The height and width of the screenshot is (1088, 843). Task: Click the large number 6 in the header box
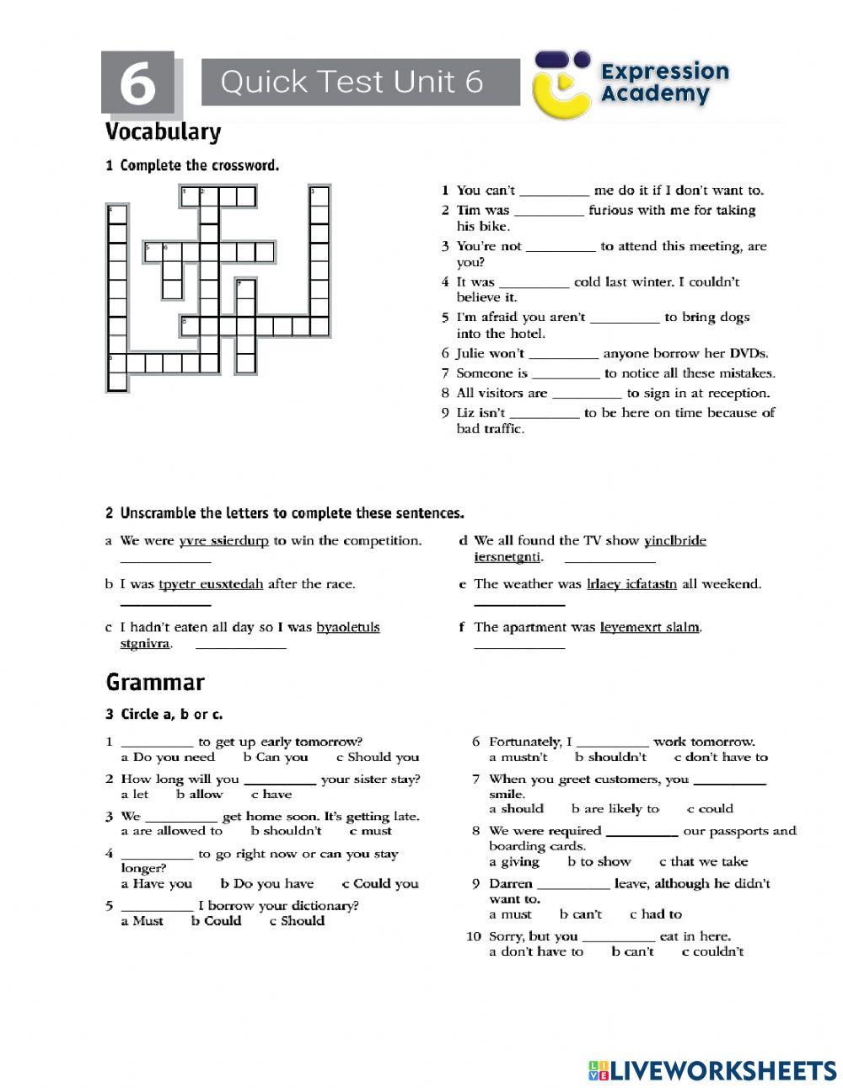point(137,84)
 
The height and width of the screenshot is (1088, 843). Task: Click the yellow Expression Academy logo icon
point(562,83)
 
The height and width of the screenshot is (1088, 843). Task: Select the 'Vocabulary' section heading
point(163,132)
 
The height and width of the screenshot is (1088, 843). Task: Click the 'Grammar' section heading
point(155,682)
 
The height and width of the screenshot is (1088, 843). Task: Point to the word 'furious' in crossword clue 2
point(616,211)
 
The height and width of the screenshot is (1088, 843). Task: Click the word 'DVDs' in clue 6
point(749,354)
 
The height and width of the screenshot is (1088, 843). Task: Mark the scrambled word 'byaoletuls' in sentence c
point(347,627)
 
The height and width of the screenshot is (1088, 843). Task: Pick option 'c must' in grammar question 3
point(371,831)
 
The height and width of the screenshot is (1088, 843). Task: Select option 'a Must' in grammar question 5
point(142,921)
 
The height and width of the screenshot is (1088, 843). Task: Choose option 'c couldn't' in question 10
point(712,952)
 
